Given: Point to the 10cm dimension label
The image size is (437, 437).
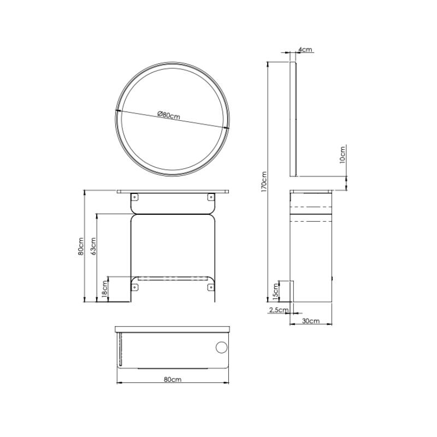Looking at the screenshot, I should click(x=342, y=155).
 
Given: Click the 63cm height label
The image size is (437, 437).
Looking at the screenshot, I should click(x=93, y=246).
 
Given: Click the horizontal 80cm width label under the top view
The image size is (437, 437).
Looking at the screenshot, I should click(x=173, y=379).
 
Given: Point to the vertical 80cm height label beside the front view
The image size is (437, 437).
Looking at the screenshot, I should click(x=81, y=246).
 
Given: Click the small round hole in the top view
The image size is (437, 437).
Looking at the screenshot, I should click(x=222, y=347).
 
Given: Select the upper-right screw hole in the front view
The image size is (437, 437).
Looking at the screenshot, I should click(x=210, y=197).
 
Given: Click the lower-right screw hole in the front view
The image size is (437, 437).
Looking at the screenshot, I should click(x=210, y=287).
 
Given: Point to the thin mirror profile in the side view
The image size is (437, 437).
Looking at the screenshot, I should click(x=293, y=120).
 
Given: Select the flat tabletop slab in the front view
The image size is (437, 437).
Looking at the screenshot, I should click(x=173, y=192).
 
